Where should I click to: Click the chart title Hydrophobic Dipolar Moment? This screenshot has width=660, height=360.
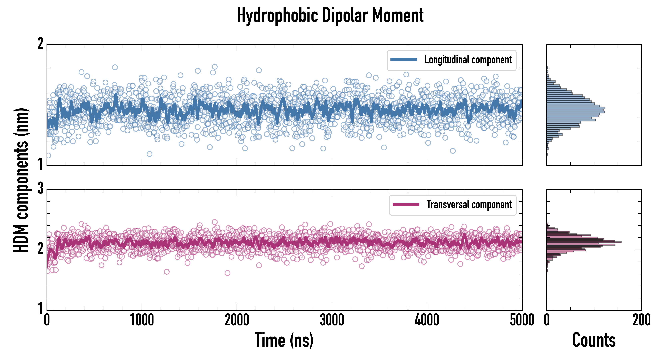point(330,15)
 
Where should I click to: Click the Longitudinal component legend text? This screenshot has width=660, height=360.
point(468,60)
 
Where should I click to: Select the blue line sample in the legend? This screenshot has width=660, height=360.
point(404,60)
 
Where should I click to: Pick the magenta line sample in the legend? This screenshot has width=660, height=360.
point(406,204)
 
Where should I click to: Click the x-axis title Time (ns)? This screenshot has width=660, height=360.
point(284,340)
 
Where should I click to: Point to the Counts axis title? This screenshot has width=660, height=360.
point(594,340)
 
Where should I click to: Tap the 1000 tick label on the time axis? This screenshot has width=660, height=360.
point(142,320)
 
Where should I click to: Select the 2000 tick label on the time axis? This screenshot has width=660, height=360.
point(237,320)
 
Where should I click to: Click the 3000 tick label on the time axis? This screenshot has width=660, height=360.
point(332,320)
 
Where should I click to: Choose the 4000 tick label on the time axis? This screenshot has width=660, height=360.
point(427,320)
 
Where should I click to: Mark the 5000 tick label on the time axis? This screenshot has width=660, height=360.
point(522,320)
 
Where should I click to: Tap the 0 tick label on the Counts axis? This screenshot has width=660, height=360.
point(547,320)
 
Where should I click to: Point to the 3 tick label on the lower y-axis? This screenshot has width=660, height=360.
point(40,189)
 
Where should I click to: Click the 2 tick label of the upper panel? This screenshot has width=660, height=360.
point(40,44)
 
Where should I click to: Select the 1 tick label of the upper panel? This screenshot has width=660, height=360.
point(40,164)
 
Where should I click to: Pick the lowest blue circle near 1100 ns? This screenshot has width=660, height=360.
point(149,154)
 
